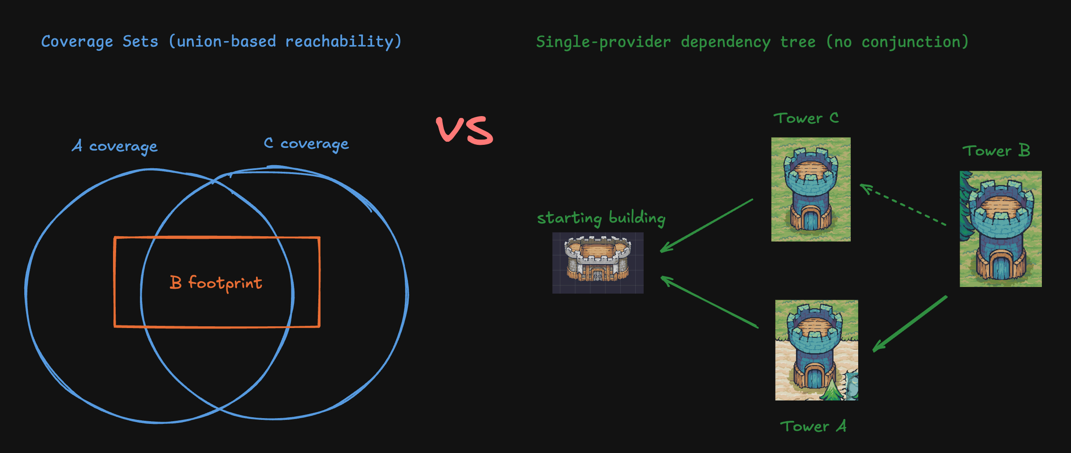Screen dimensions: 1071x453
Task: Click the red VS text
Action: click(x=464, y=130)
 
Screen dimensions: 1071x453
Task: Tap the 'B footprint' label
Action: click(x=216, y=283)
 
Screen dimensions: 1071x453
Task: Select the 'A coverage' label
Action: click(x=115, y=146)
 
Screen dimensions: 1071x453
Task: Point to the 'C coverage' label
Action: click(x=306, y=143)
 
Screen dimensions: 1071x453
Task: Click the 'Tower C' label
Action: click(x=806, y=118)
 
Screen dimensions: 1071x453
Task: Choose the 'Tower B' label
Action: click(x=996, y=151)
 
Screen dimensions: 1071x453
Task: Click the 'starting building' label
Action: click(x=601, y=218)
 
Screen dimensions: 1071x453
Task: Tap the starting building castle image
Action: click(x=598, y=263)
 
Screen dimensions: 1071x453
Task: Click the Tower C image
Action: click(x=811, y=189)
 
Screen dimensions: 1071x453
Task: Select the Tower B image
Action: click(x=1000, y=229)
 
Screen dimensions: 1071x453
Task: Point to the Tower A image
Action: click(x=816, y=350)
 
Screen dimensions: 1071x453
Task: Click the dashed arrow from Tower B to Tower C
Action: click(x=903, y=205)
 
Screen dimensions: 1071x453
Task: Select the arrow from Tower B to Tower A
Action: click(x=910, y=323)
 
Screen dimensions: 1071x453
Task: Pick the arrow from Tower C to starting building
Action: click(x=706, y=226)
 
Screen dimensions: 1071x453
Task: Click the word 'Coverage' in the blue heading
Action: click(x=77, y=42)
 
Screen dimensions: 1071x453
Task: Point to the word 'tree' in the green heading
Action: click(x=798, y=42)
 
